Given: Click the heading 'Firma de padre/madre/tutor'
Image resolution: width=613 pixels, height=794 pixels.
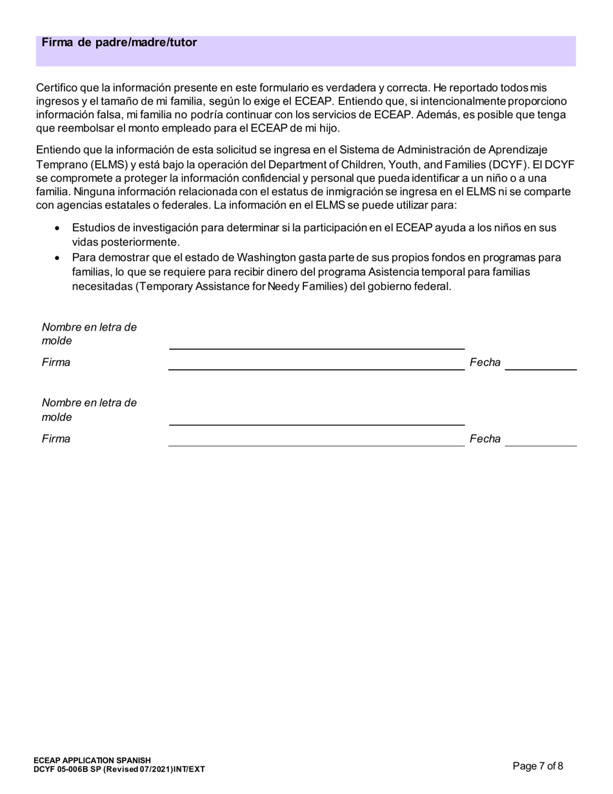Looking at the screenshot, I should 119,43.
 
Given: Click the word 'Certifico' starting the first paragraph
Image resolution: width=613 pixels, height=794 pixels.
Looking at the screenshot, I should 58,87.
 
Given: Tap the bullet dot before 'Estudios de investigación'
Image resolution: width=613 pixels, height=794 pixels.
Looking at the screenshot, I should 59,229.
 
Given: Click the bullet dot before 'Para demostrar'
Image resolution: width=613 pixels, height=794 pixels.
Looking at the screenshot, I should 59,258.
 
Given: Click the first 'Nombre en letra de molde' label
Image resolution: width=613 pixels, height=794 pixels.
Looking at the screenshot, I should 89,334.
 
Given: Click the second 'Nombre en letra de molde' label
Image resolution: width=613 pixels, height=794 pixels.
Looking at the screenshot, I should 89,410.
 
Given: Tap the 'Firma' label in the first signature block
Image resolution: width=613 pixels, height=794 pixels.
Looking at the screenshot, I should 56,362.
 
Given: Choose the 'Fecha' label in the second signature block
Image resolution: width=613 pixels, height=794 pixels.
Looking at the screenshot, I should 485,439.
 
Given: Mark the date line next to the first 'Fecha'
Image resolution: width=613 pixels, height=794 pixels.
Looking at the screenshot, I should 541,369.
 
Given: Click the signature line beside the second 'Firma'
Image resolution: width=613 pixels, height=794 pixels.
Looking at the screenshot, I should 316,445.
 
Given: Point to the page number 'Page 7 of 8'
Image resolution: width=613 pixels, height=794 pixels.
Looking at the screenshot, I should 538,766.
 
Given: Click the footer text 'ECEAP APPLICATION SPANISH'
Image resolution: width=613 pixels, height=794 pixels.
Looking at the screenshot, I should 92,760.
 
